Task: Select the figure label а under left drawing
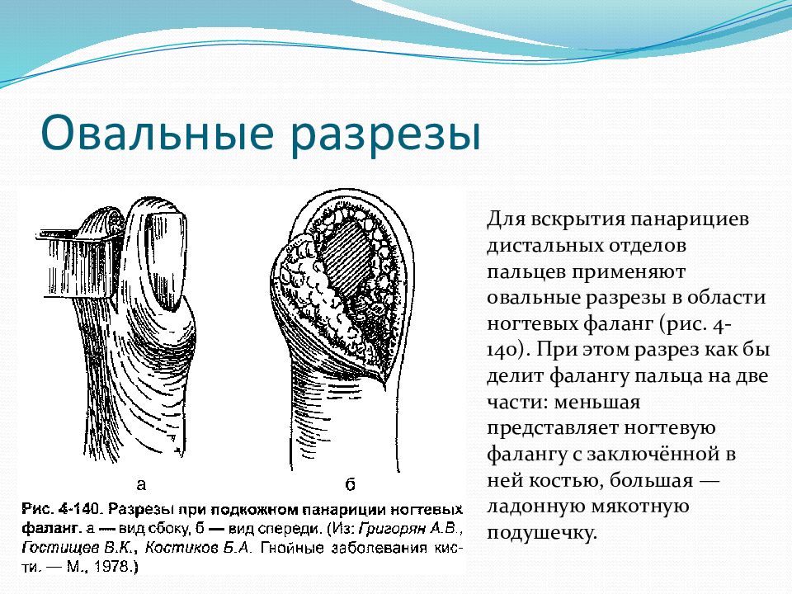pos(141,484)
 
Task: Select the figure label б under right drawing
pos(350,484)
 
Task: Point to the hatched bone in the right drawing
pos(348,258)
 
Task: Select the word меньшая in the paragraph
pos(597,403)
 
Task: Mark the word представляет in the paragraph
pos(552,429)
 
